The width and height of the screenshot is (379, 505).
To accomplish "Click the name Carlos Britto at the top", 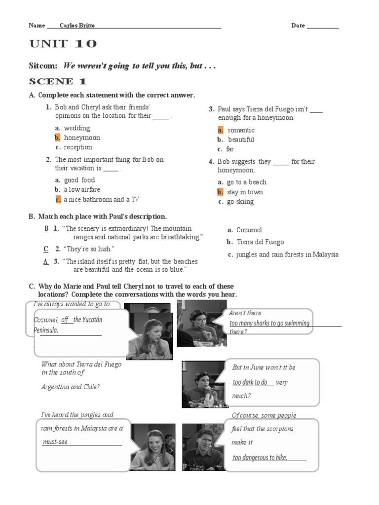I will [x=77, y=26].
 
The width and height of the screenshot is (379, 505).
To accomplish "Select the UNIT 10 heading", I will [x=63, y=44].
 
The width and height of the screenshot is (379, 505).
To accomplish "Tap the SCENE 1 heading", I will [x=58, y=81].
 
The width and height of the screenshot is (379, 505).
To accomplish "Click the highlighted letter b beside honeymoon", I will [x=57, y=138].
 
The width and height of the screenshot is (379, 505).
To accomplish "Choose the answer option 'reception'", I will [x=78, y=147].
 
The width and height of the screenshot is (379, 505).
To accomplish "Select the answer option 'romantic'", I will [x=241, y=130].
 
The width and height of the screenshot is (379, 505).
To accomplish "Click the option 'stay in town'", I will [x=245, y=192].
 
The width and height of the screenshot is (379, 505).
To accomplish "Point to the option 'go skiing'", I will [x=240, y=201].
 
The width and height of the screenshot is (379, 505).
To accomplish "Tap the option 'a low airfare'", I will [x=82, y=189].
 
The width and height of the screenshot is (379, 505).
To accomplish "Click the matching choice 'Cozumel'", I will [x=249, y=230].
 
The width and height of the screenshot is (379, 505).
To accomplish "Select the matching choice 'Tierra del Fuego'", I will [x=260, y=242].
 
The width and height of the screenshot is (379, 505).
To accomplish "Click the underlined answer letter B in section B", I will [x=46, y=228].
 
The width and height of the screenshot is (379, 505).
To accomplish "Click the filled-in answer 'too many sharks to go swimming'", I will [x=269, y=324].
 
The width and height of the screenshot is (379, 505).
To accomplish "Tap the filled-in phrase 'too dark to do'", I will [x=250, y=382].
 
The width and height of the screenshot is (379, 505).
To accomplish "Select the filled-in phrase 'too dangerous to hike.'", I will [x=260, y=458].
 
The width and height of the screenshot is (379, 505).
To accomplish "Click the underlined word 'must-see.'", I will [x=55, y=442].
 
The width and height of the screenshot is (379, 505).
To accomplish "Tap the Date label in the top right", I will [x=298, y=26].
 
